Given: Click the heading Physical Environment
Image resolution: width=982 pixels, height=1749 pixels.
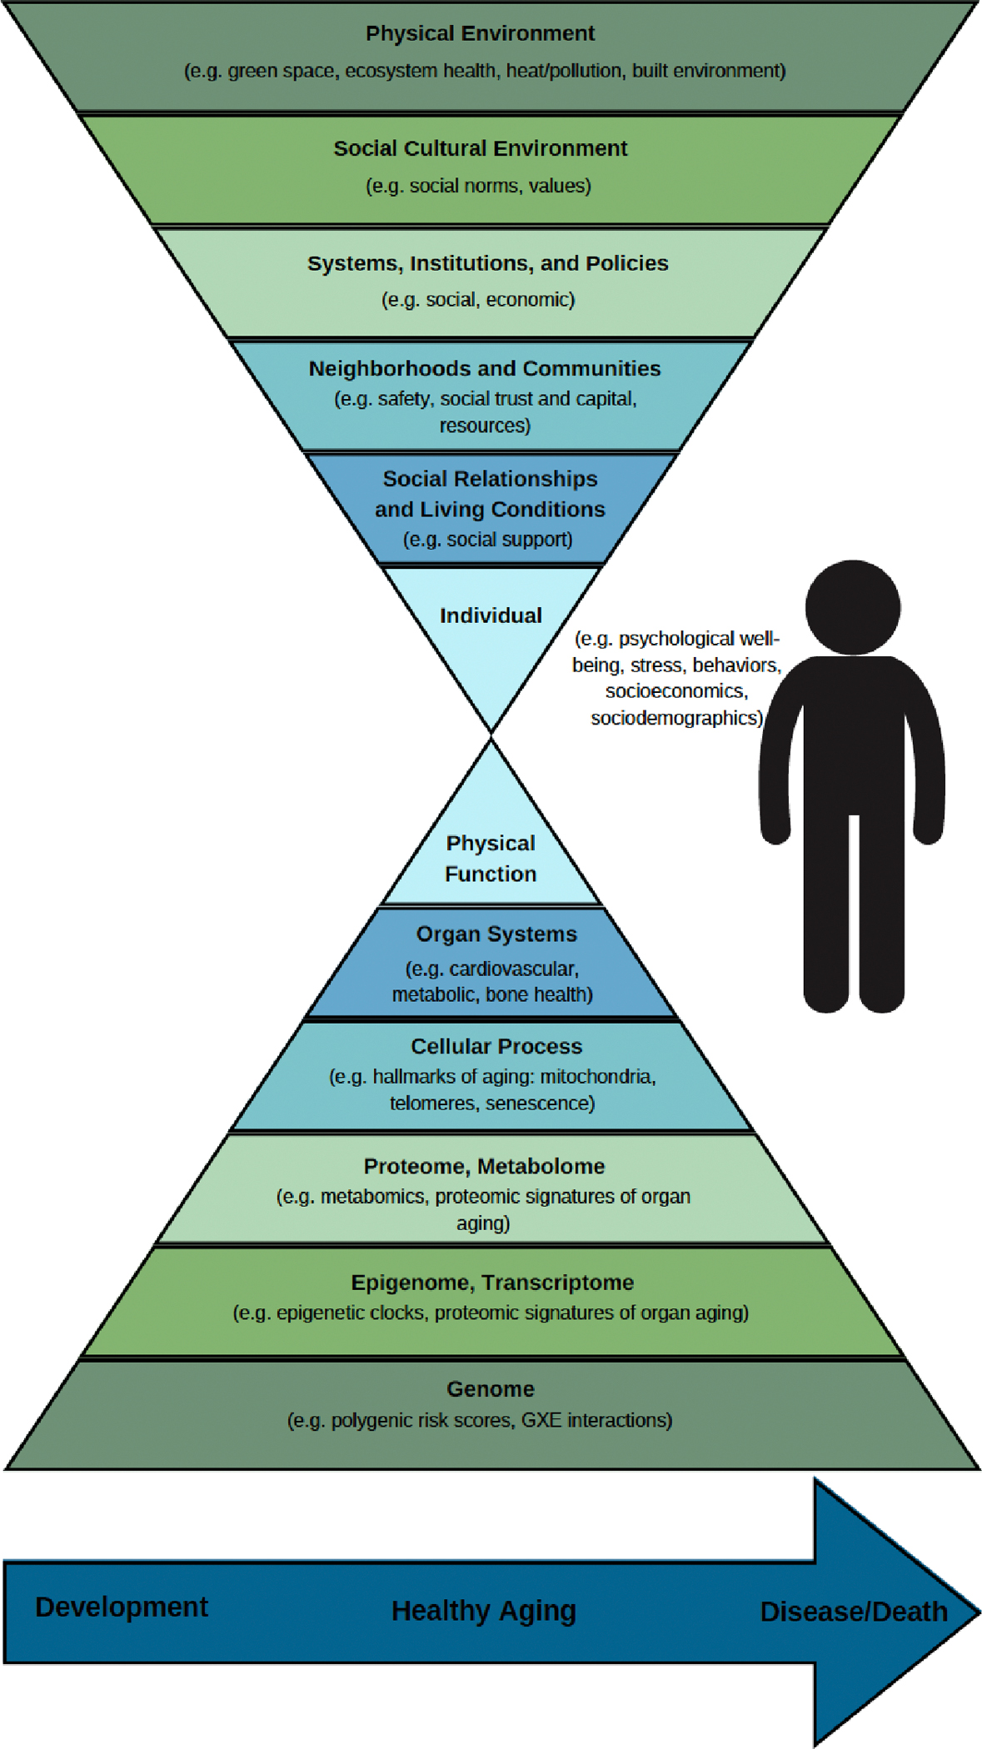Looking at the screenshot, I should (480, 33).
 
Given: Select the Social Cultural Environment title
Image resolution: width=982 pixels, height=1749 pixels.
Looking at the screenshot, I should (480, 148).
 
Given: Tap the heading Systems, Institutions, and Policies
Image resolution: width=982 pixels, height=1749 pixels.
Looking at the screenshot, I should (487, 263).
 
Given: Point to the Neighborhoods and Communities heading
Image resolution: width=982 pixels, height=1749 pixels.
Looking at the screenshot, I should (485, 368).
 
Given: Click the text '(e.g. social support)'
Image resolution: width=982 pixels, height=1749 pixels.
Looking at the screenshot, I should (487, 540).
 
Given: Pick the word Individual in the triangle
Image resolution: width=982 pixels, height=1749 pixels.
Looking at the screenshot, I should (491, 615).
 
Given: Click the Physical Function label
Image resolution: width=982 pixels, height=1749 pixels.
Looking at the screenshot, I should (491, 859).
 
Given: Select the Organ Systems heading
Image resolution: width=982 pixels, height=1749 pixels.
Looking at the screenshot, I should (496, 934).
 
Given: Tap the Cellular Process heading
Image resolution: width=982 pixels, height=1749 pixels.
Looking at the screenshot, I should (496, 1046).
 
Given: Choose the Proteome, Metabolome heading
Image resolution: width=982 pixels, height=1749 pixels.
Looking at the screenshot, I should (484, 1166).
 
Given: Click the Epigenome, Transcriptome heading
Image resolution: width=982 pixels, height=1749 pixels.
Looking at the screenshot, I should (492, 1283).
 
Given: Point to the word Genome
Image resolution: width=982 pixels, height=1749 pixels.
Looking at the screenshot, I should (491, 1389).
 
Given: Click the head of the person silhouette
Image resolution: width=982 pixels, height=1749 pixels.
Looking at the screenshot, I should (852, 607).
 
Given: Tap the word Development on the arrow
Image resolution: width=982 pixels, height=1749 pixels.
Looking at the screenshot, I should (122, 1607).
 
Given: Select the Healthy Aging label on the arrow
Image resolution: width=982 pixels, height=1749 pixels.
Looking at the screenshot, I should (483, 1611).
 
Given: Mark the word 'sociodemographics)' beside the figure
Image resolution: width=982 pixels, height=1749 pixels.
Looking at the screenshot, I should (676, 718).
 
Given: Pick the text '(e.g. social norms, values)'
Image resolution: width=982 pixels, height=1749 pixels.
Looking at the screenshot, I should (478, 186).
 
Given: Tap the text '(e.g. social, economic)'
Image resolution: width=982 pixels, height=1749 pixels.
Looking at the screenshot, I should (478, 300).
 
